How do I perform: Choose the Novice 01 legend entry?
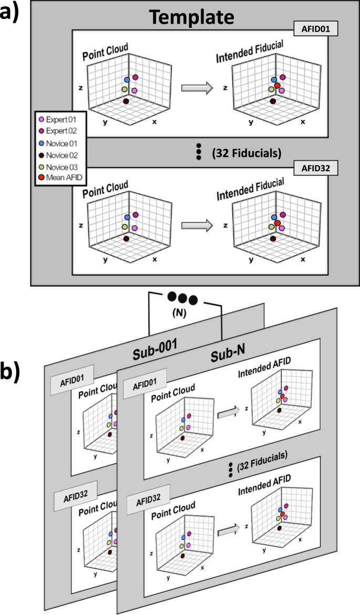click(60, 143)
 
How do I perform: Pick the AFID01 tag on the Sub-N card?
click(145, 380)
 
